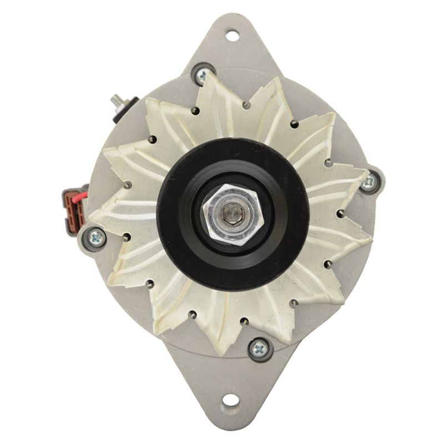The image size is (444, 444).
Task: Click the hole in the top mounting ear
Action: point(232,34)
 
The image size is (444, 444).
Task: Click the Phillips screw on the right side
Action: point(369,181)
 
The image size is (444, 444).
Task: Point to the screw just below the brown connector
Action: point(96,238)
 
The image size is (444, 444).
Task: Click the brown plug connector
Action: point(73,204)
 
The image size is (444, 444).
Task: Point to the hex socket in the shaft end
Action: point(229,213)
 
